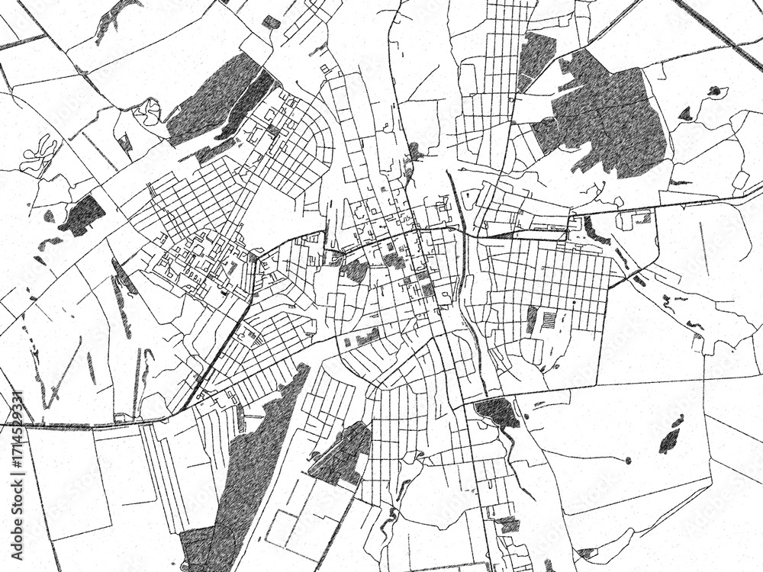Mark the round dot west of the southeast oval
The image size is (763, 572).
tap(627, 460)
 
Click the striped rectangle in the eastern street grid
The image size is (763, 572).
tap(548, 320)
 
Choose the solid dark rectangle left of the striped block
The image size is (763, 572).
tap(531, 318)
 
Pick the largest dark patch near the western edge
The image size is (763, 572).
tap(82, 215)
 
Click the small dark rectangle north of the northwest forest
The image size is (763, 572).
tap(270, 21)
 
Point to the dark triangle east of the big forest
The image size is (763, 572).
tap(684, 114)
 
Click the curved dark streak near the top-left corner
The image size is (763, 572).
tap(114, 19)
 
